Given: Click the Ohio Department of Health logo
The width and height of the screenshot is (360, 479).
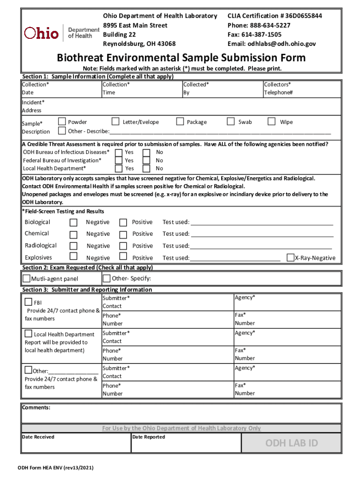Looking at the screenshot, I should pyautogui.click(x=61, y=32).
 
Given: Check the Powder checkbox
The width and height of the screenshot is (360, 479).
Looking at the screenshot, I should pyautogui.click(x=62, y=122).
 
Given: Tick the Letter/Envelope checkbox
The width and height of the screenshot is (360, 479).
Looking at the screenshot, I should pyautogui.click(x=115, y=122).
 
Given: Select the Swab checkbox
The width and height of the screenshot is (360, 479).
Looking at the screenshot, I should pyautogui.click(x=230, y=122).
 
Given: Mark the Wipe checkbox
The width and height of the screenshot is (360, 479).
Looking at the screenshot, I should pyautogui.click(x=272, y=122).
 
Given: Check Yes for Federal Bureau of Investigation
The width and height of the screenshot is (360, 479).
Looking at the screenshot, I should pyautogui.click(x=119, y=160).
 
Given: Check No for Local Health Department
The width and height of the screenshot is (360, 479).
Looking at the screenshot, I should pyautogui.click(x=146, y=168).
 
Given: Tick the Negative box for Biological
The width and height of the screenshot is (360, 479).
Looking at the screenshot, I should pyautogui.click(x=73, y=223).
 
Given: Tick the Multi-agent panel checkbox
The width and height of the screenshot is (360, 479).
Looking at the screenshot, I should pyautogui.click(x=27, y=279).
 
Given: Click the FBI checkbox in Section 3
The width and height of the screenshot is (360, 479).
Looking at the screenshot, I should pyautogui.click(x=29, y=302).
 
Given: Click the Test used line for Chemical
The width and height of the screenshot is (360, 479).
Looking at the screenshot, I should pyautogui.click(x=262, y=234).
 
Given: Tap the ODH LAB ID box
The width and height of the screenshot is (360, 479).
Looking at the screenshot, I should pyautogui.click(x=291, y=443).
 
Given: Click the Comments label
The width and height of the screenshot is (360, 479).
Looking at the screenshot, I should pyautogui.click(x=36, y=407).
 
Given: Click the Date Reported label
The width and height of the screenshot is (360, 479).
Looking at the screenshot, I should pyautogui.click(x=149, y=437).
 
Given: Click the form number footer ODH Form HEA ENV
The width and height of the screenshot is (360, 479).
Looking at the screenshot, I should pyautogui.click(x=56, y=468).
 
